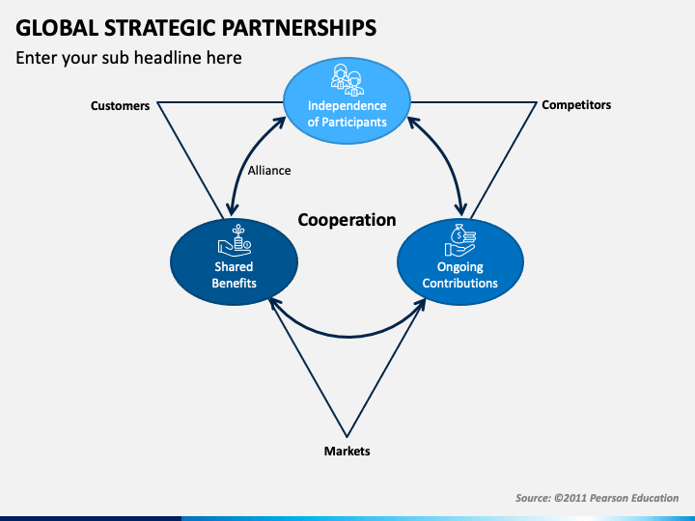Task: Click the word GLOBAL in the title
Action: click(x=57, y=28)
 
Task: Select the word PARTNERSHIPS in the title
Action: click(x=298, y=28)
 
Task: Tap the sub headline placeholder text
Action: click(x=128, y=58)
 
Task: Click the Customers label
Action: click(x=120, y=106)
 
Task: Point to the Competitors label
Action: click(x=576, y=105)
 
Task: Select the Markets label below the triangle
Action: click(x=347, y=451)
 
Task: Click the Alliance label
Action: click(x=269, y=171)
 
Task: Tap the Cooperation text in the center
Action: click(x=347, y=220)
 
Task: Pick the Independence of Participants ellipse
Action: click(x=347, y=101)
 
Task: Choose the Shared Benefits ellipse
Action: click(x=234, y=261)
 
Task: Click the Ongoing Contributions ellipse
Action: click(x=460, y=261)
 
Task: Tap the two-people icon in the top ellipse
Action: click(x=347, y=80)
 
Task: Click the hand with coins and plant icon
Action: click(x=235, y=240)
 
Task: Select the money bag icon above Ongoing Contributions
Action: click(x=460, y=240)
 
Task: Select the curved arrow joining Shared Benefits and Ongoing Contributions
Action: click(x=347, y=337)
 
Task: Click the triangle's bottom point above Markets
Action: click(x=347, y=437)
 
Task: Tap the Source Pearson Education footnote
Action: click(x=597, y=498)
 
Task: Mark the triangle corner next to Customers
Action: click(x=158, y=103)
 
